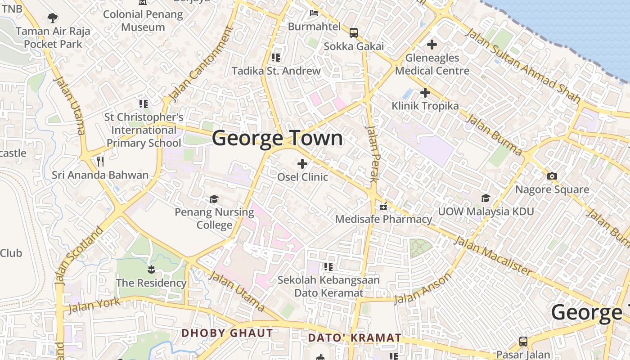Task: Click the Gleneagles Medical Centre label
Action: [432, 64]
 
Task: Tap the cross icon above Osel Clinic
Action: [302, 164]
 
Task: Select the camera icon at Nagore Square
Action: [552, 176]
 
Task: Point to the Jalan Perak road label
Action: [373, 153]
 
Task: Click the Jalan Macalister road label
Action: [493, 255]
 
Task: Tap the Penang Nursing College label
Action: [214, 218]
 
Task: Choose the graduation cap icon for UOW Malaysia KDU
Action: [486, 198]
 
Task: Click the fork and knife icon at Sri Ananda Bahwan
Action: [100, 161]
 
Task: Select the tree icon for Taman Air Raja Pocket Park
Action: [53, 18]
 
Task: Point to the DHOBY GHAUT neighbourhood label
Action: [227, 333]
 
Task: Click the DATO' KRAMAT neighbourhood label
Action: [355, 338]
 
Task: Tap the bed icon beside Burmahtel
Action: [314, 13]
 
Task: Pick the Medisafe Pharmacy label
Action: [384, 220]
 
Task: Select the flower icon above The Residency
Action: [151, 270]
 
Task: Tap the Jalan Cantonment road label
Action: [201, 64]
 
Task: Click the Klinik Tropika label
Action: [425, 106]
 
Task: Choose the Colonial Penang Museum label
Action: [143, 21]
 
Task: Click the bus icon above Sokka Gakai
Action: [354, 32]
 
